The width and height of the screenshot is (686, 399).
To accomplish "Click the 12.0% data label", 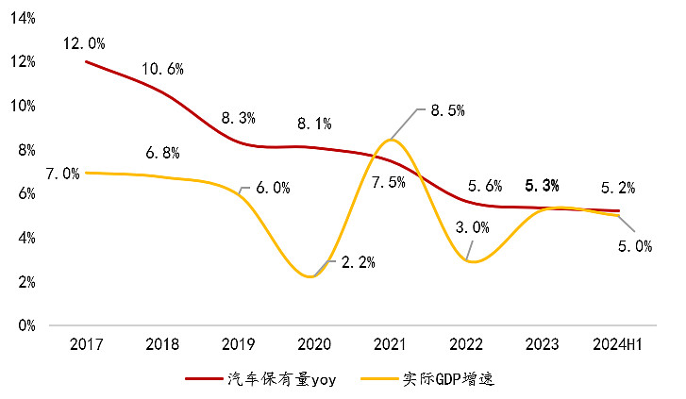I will [x=84, y=43].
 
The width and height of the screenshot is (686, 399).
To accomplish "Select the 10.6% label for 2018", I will [x=162, y=69].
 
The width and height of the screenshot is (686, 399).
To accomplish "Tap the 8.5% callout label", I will [x=447, y=110].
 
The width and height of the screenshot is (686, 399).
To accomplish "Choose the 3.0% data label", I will [x=472, y=227].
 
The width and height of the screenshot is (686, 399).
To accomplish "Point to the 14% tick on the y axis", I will [x=23, y=18].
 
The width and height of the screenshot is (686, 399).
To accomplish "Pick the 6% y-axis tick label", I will [x=26, y=193].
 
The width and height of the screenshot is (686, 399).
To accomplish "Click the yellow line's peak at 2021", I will [x=392, y=140].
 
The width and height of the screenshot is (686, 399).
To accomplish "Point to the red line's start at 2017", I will [x=86, y=61].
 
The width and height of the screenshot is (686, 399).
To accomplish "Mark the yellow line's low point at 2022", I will [x=469, y=261].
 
